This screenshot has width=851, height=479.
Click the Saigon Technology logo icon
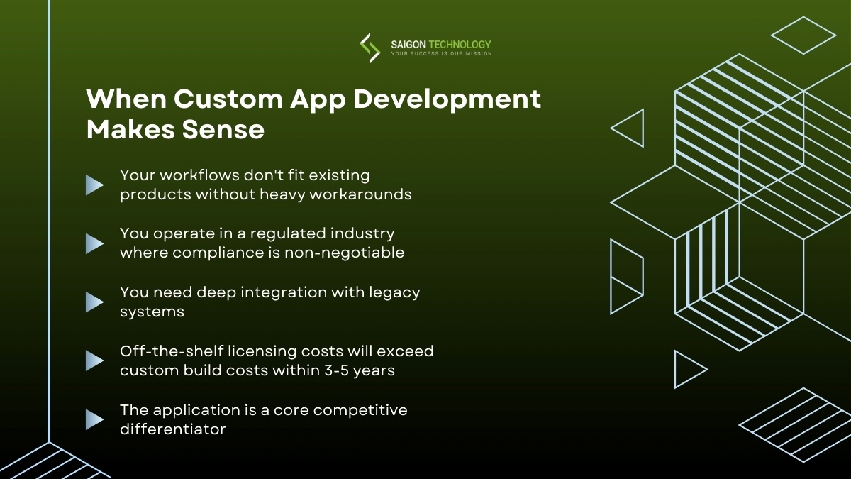tap(369, 48)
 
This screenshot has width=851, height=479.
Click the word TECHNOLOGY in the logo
tap(465, 44)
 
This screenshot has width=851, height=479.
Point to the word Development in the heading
tap(447, 99)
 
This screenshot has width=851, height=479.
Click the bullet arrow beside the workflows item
tap(94, 185)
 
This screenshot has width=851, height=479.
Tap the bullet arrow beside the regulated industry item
tap(94, 243)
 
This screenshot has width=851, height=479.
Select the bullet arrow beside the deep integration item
tap(94, 302)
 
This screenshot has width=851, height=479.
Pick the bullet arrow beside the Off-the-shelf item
tap(94, 360)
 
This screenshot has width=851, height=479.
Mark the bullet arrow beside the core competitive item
tap(94, 419)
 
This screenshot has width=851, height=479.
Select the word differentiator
tap(172, 429)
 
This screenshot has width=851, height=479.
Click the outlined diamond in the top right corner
tap(803, 35)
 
